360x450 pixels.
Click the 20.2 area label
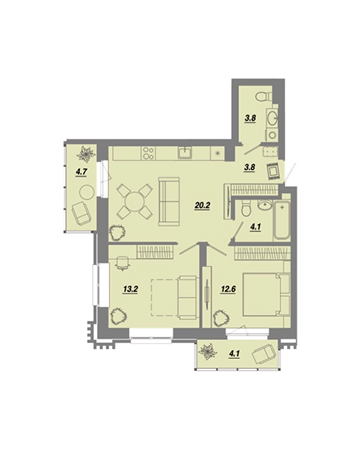(202, 205)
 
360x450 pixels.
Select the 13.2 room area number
(131, 289)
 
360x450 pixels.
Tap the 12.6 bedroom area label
(228, 289)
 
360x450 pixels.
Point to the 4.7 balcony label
(81, 172)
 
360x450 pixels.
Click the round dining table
(134, 202)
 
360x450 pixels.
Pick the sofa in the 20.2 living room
(169, 202)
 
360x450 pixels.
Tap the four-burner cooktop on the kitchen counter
(148, 154)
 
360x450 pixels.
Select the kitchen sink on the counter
(185, 153)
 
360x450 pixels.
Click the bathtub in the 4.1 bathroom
(282, 221)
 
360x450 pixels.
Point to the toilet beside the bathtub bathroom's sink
(245, 208)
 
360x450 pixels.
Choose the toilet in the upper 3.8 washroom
(264, 97)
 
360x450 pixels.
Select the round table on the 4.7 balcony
(87, 192)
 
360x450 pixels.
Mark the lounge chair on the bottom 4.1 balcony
(264, 355)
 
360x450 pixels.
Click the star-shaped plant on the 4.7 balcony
(86, 154)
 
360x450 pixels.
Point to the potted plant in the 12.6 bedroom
(221, 318)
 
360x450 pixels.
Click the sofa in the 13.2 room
(187, 298)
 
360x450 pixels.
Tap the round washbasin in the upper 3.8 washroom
(271, 118)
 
